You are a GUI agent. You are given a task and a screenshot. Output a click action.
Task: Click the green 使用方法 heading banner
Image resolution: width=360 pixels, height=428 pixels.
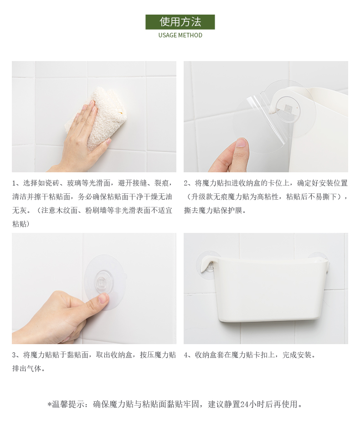click(180, 22)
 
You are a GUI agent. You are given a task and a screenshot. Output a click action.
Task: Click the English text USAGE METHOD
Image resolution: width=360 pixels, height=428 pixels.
click(180, 35)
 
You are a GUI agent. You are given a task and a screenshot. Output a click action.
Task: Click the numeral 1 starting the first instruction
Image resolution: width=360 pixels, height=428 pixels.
click(14, 183)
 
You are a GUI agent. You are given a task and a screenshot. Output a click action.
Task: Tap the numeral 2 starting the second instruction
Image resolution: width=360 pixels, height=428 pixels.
click(186, 183)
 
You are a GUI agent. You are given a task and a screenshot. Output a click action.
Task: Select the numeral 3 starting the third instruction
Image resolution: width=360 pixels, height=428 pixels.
click(14, 355)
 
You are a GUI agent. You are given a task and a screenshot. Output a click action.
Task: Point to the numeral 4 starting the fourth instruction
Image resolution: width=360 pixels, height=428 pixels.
click(186, 355)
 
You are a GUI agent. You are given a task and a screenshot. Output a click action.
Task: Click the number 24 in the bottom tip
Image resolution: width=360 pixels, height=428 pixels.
click(245, 404)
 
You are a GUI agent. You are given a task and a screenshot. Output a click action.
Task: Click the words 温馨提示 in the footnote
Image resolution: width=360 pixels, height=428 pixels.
click(67, 404)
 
